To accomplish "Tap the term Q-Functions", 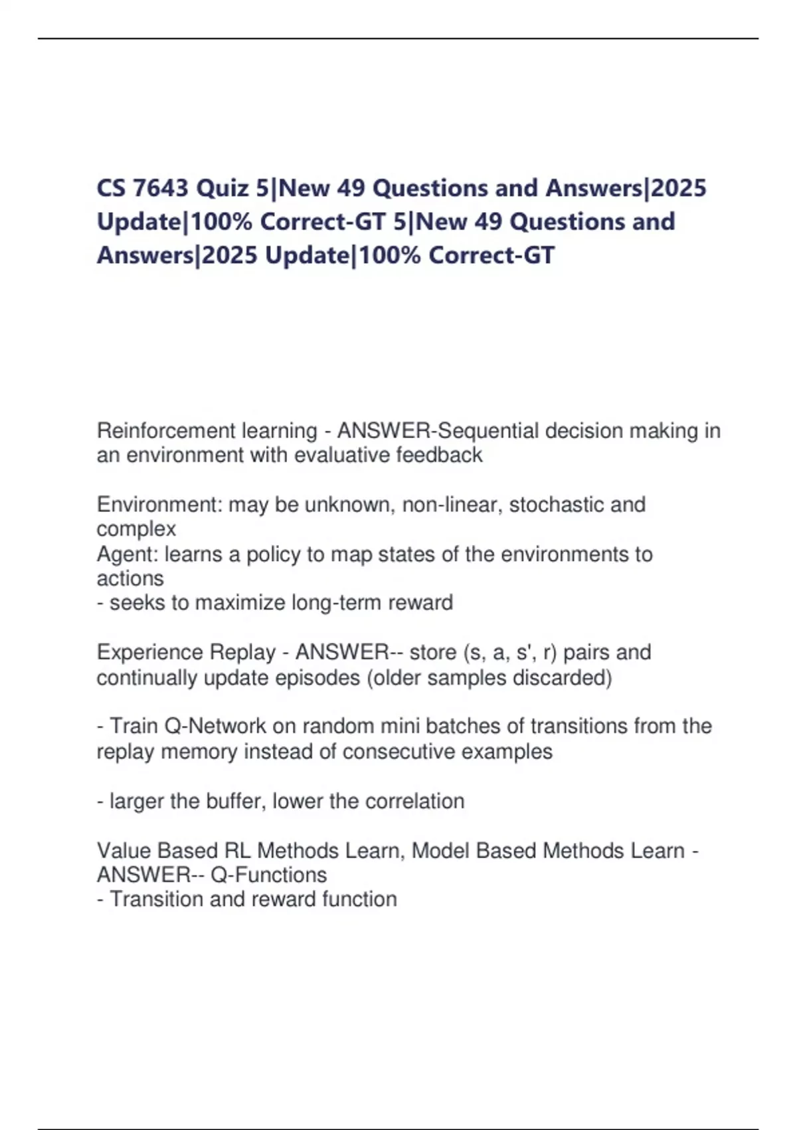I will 268,875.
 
